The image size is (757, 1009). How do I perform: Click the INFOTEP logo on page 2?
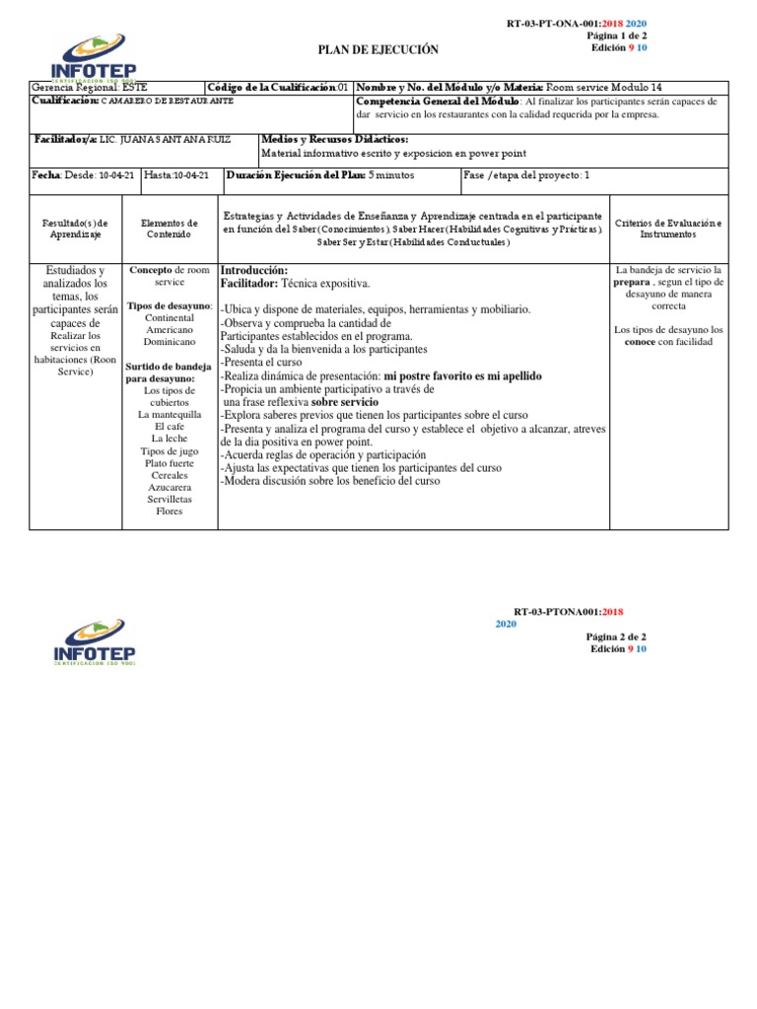tap(95, 640)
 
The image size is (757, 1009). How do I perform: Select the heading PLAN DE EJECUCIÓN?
tap(378, 49)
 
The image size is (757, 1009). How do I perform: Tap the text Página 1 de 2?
tap(617, 35)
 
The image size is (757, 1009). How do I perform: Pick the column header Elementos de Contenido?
tap(170, 229)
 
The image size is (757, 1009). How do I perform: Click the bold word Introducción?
tap(254, 270)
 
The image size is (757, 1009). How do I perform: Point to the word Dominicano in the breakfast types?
tap(170, 342)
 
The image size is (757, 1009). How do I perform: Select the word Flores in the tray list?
tap(170, 511)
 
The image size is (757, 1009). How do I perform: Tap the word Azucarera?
tap(170, 488)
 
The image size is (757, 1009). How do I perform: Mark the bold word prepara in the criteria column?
tap(632, 282)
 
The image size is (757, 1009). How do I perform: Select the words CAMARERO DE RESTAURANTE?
tap(168, 101)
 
